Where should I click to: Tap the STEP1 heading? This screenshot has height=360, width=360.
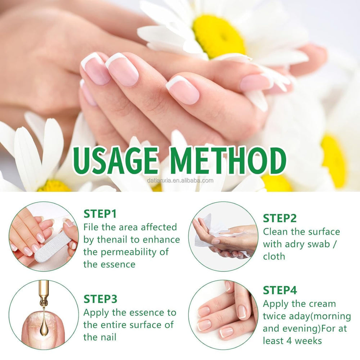point(100,214)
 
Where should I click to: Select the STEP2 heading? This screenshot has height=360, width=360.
point(279,218)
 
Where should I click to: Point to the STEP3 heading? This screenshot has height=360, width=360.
point(100,299)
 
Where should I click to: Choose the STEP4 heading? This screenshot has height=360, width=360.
point(280,290)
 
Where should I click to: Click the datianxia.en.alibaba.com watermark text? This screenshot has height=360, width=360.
point(180,181)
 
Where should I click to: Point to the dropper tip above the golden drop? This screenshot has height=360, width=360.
point(44,301)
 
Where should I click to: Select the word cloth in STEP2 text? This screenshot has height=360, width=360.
point(274,256)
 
